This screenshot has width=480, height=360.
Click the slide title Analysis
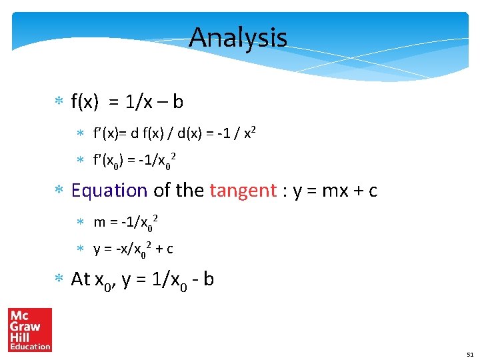(x=238, y=37)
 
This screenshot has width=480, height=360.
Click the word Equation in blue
(x=109, y=191)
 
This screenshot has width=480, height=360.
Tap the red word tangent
(x=242, y=191)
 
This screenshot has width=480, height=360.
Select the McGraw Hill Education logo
(x=30, y=329)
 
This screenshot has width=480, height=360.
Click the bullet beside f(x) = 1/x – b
(x=58, y=103)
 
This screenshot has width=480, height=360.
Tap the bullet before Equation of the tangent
(x=58, y=191)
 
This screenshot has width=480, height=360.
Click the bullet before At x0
(x=58, y=280)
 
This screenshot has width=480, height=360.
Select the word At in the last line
(x=81, y=279)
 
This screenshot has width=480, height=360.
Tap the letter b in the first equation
(x=178, y=102)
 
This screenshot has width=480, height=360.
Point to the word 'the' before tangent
(x=190, y=191)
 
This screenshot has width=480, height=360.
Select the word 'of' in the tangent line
(x=161, y=191)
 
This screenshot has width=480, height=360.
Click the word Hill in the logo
(x=24, y=337)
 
